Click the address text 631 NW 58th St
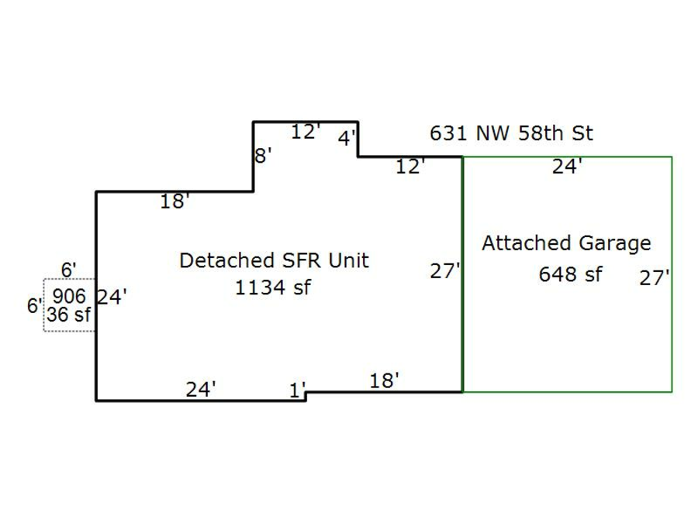511,133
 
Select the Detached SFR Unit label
274,260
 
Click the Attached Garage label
566,243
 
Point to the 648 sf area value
570,274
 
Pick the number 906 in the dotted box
70,295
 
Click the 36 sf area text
68,315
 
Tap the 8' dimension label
264,156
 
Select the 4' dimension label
347,139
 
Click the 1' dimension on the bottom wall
298,391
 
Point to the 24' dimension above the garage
568,167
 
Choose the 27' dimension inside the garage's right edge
655,278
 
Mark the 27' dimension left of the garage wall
446,272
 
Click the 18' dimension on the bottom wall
385,380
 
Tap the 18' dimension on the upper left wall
175,202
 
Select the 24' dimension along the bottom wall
200,390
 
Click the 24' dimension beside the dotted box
112,297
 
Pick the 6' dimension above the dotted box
69,270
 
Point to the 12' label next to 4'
306,132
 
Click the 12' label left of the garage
411,167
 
